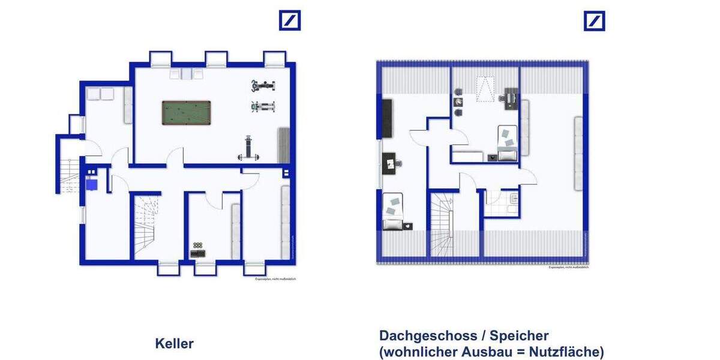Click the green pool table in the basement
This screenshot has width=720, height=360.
click(186, 112)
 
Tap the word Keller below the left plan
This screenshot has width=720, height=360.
click(174, 344)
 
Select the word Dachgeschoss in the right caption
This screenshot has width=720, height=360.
click(421, 336)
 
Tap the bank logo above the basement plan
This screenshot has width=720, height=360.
click(290, 20)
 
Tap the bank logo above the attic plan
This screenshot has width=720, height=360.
click(594, 20)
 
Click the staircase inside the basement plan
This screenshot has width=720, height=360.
click(146, 225)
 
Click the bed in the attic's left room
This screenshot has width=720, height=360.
click(393, 211)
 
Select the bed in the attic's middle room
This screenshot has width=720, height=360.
click(507, 143)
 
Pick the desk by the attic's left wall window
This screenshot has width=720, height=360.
click(391, 162)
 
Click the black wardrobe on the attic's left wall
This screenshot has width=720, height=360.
click(387, 117)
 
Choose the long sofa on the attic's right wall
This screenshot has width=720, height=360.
click(578, 153)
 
